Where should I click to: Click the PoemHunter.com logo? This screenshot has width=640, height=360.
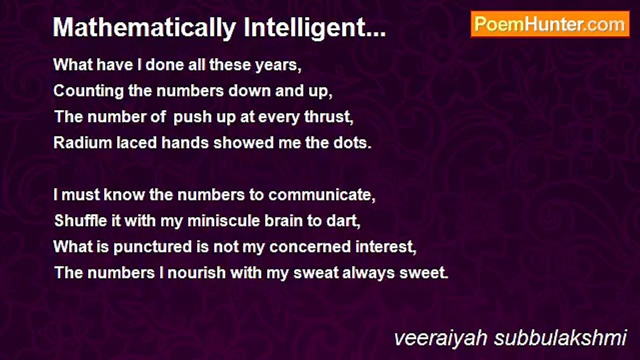pos(550,24)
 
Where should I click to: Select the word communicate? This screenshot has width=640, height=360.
pos(321,195)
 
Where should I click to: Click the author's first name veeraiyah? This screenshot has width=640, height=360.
pos(440,338)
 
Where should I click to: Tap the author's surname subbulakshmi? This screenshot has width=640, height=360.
pos(560,338)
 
